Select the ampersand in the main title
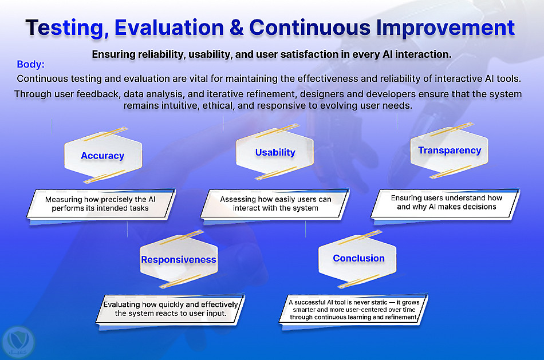click(236, 27)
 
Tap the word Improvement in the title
click(445, 27)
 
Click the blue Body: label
click(30, 64)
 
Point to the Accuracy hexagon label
click(103, 156)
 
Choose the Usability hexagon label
click(275, 152)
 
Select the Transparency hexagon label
click(450, 150)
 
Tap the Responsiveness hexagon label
click(179, 259)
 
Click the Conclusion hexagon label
click(358, 258)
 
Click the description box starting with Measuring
click(101, 204)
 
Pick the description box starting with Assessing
click(275, 204)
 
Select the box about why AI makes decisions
click(446, 203)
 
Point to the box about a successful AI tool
click(353, 310)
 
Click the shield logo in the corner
click(18, 342)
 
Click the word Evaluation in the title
click(169, 27)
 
